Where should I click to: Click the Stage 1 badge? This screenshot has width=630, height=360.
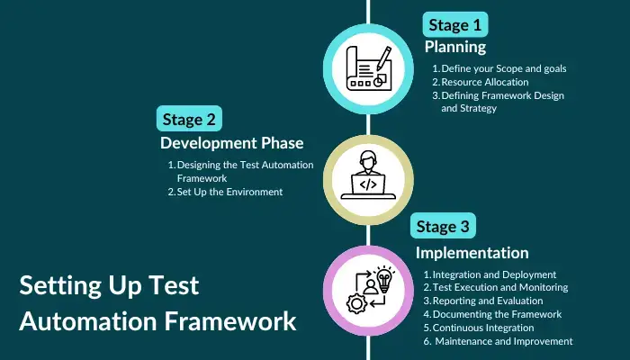[455, 24]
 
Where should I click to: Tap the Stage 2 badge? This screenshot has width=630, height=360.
[189, 119]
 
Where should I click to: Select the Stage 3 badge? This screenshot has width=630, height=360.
[443, 226]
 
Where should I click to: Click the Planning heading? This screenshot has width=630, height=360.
[455, 47]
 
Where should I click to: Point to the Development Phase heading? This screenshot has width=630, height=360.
[232, 143]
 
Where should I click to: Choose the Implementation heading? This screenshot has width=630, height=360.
[472, 253]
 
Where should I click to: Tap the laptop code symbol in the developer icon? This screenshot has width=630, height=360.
[368, 184]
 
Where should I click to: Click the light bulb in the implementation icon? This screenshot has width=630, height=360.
[384, 279]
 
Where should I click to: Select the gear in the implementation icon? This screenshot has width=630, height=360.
[356, 304]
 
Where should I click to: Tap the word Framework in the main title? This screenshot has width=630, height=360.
[230, 321]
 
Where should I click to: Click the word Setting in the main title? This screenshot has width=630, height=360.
[60, 286]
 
